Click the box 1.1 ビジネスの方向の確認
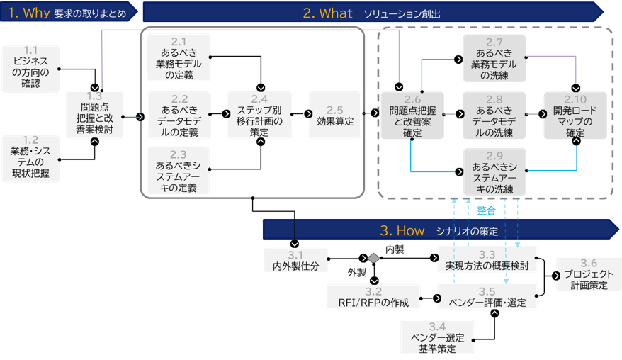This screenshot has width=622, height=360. [30, 68]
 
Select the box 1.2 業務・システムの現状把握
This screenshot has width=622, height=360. [30, 157]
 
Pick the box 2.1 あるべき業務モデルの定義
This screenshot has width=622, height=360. [179, 57]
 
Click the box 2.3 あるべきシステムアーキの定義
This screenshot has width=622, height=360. [179, 171]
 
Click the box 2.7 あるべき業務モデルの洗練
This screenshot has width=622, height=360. [494, 58]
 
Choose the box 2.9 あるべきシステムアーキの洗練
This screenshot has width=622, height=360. [494, 171]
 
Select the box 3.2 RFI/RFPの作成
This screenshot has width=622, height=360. [373, 297]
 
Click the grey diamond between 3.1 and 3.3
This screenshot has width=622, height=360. [373, 259]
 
